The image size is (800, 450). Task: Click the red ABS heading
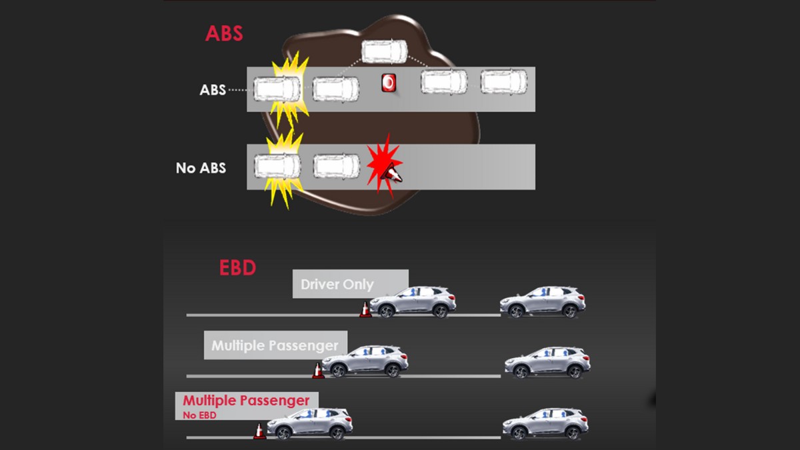(224, 34)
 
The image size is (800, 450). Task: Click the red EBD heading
(237, 268)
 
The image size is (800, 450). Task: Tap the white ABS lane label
(213, 89)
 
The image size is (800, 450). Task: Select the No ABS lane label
(201, 168)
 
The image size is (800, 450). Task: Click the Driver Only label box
(350, 284)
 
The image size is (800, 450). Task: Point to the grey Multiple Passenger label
(275, 345)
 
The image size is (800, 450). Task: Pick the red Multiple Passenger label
(246, 401)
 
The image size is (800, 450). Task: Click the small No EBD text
(199, 415)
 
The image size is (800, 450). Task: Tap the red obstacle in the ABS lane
(389, 83)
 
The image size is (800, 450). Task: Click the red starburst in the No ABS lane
(383, 165)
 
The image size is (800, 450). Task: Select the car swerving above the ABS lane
(383, 51)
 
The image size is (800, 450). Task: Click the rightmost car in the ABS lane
(504, 82)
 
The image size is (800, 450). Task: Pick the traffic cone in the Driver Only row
(365, 310)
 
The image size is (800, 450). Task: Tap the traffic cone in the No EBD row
(259, 431)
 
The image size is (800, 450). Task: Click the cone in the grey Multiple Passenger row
(318, 371)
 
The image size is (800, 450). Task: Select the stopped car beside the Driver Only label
(413, 302)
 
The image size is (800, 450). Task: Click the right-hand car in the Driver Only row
(543, 302)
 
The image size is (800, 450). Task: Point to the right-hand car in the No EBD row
(545, 423)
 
